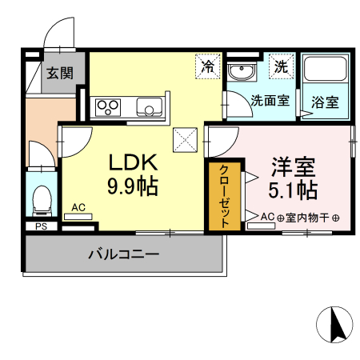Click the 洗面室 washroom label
point(268,102)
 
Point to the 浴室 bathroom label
point(324,102)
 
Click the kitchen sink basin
point(149,106)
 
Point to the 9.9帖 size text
point(134,187)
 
